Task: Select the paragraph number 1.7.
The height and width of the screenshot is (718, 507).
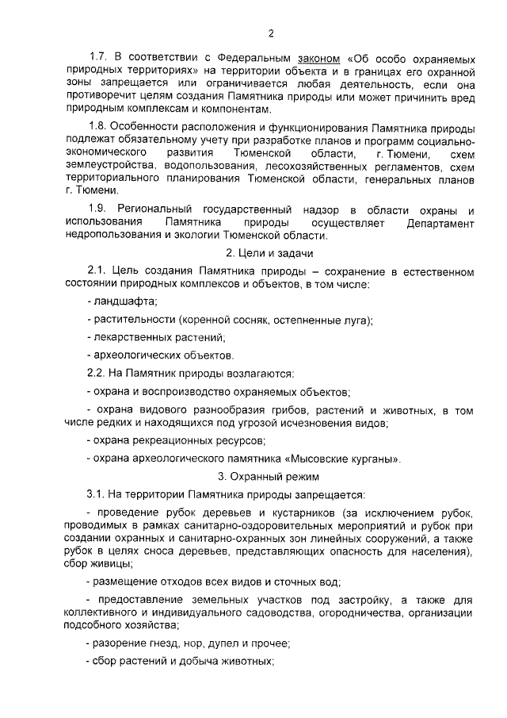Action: [98, 58]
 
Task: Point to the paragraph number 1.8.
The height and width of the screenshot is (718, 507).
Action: [98, 127]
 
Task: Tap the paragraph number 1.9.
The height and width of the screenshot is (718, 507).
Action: [98, 209]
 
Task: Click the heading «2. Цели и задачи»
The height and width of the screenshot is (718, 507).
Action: [269, 254]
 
